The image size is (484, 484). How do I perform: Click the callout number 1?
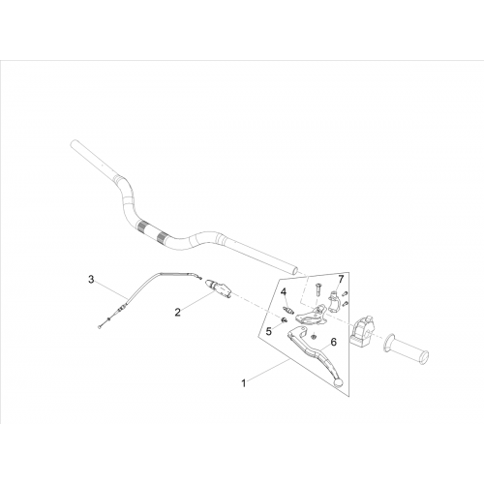pyautogui.click(x=244, y=383)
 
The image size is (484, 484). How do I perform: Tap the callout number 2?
pyautogui.click(x=177, y=312)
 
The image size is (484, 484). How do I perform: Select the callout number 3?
pyautogui.click(x=91, y=279)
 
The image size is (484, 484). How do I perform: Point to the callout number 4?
pyautogui.click(x=284, y=292)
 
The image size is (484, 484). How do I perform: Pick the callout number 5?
pyautogui.click(x=269, y=331)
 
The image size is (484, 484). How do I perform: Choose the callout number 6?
pyautogui.click(x=334, y=342)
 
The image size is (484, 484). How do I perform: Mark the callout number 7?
pyautogui.click(x=341, y=279)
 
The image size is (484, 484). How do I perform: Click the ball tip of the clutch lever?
pyautogui.click(x=338, y=382)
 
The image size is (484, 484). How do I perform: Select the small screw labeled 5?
pyautogui.click(x=284, y=320)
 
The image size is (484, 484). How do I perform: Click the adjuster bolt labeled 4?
pyautogui.click(x=287, y=311)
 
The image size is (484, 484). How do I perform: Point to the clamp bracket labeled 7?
pyautogui.click(x=335, y=301)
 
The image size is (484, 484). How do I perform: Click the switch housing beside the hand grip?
pyautogui.click(x=362, y=332)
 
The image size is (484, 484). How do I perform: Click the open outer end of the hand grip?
pyautogui.click(x=424, y=356)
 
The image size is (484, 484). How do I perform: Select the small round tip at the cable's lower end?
pyautogui.click(x=98, y=327)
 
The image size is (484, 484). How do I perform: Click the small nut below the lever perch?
pyautogui.click(x=313, y=337)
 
